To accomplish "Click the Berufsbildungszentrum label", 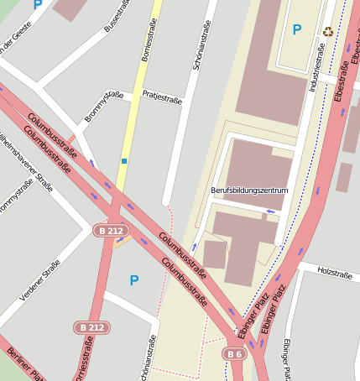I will click(x=249, y=190).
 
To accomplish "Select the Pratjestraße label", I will click(x=162, y=96).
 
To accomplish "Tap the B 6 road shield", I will click(x=234, y=354).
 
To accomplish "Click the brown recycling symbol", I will click(x=327, y=32).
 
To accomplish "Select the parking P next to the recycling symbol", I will click(x=296, y=30).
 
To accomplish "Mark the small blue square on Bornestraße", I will click(x=124, y=160).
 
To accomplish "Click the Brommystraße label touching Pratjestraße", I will click(x=104, y=107).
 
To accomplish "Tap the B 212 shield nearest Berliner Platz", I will click(x=91, y=326).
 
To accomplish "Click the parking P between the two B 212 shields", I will click(x=133, y=280).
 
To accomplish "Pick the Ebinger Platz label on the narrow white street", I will click(x=287, y=358).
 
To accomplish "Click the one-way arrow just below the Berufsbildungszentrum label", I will click(x=248, y=211).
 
